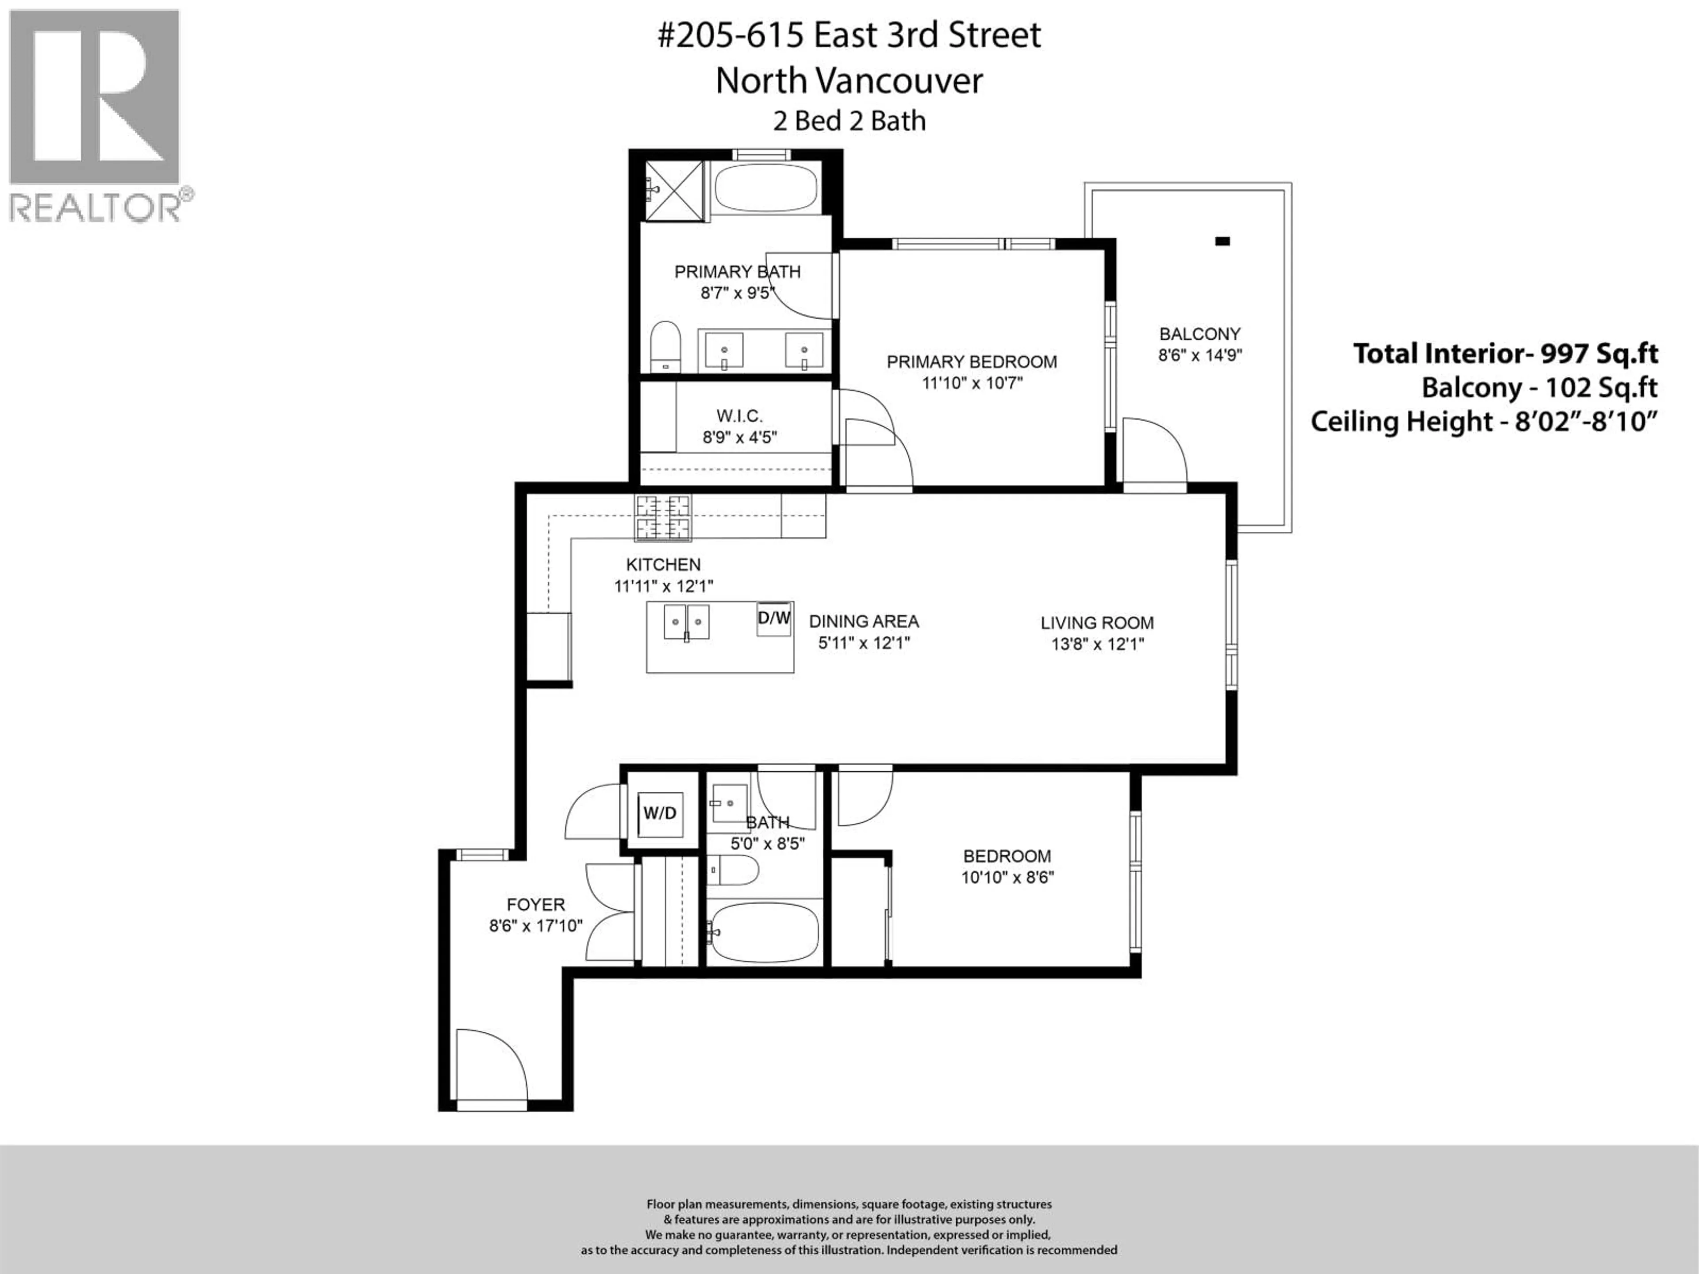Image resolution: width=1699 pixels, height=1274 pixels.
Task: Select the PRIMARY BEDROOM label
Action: coord(972,362)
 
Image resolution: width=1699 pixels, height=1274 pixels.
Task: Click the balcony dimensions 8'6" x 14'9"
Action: coord(1200,356)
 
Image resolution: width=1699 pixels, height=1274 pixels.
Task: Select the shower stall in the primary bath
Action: coord(673,191)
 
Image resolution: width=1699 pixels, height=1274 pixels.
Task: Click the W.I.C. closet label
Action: coord(739,416)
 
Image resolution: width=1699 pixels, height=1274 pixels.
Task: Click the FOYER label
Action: coord(535,905)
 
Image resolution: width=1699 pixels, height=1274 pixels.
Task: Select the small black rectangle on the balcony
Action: coord(1222,241)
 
